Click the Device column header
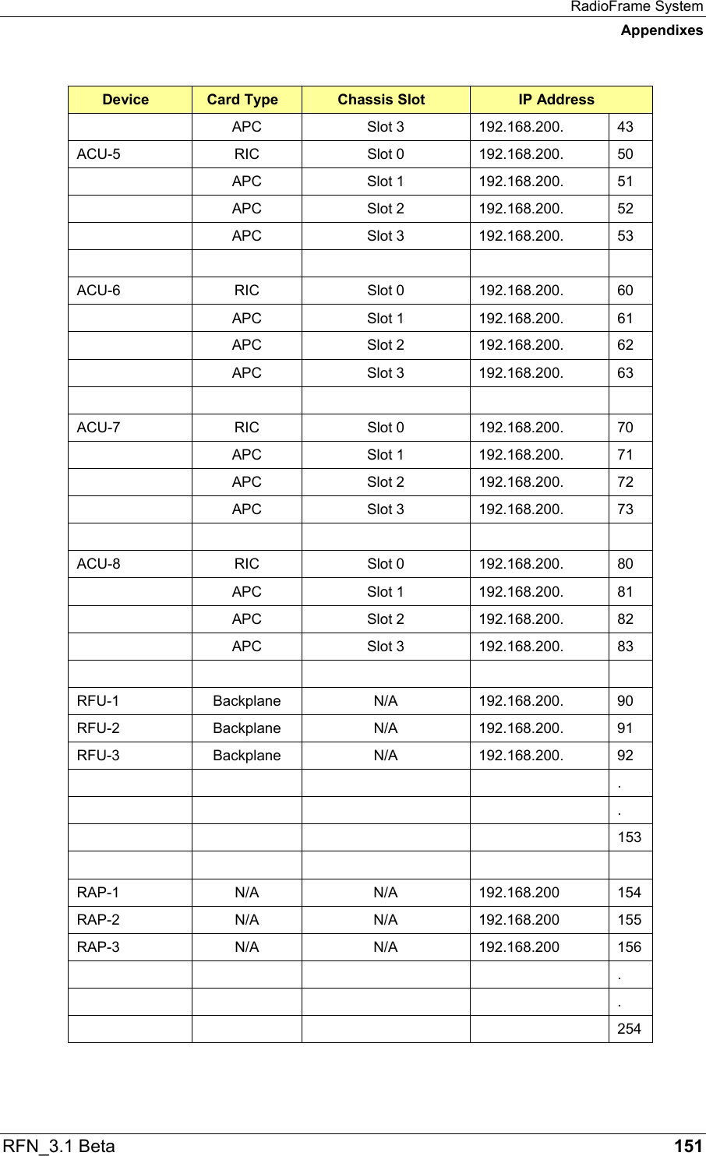(x=125, y=100)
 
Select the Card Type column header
(x=242, y=100)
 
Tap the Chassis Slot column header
(x=381, y=100)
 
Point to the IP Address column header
(x=556, y=100)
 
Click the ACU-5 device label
(x=99, y=154)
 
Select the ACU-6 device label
(x=99, y=291)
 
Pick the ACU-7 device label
(x=99, y=428)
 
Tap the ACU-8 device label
(x=99, y=564)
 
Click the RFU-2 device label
(x=98, y=728)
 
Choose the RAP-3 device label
(x=98, y=947)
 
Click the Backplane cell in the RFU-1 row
(x=247, y=701)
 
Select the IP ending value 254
(x=629, y=1029)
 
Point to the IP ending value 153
(x=629, y=837)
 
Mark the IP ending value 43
(x=625, y=127)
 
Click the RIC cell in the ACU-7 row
(x=247, y=428)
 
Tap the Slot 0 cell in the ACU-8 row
(x=386, y=564)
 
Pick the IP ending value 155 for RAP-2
(x=629, y=920)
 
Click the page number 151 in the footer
(x=688, y=1146)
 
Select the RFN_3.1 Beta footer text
(x=59, y=1146)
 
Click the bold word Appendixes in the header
(x=662, y=30)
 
